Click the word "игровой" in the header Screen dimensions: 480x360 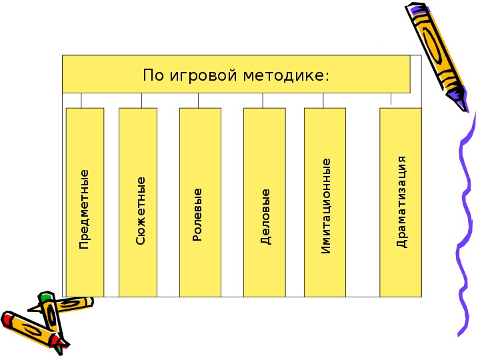[x=203, y=75]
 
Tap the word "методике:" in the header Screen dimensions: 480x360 [x=286, y=75]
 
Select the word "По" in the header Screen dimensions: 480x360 [x=153, y=75]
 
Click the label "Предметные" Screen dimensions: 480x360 [x=83, y=209]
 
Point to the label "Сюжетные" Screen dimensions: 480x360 [x=140, y=211]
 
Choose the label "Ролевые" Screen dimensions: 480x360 [x=197, y=215]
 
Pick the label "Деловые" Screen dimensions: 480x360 [x=265, y=217]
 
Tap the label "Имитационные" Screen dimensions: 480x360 [x=326, y=206]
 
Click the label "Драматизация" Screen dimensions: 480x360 [x=401, y=202]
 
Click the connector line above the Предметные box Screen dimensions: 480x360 [x=81, y=101]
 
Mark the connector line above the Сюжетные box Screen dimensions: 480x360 [x=141, y=101]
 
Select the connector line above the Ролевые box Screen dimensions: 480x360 [x=198, y=101]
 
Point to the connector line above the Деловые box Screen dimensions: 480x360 [x=263, y=101]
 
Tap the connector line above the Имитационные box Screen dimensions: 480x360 [x=323, y=101]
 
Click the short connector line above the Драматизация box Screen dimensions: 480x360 [x=391, y=99]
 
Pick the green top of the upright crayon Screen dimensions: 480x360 [x=46, y=296]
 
